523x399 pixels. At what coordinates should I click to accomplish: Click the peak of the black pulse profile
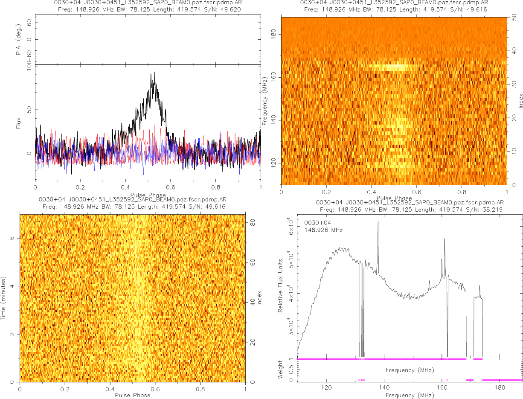coord(154,72)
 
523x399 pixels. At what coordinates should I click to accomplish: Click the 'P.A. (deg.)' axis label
coord(19,40)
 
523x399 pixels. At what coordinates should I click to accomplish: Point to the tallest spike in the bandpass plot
coord(378,221)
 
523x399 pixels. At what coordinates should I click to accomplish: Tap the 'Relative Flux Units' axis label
coord(281,285)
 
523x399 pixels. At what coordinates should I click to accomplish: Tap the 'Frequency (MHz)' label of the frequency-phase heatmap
coord(265,101)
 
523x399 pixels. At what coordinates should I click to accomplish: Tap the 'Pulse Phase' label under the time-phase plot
coord(133,395)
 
